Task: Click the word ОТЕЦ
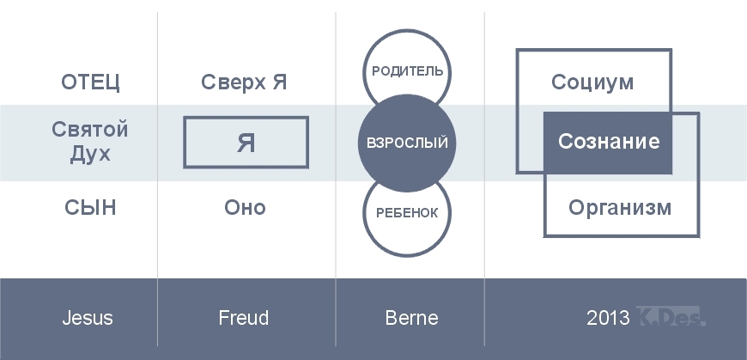coord(90,82)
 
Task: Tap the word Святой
coord(89,130)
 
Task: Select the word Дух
coord(90,154)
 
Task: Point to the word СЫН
coord(90,208)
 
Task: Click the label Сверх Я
coord(244,82)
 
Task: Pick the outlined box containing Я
coord(246,118)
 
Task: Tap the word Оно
coord(245,208)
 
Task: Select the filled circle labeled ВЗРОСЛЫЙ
coord(407,143)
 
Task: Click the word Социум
coord(592,82)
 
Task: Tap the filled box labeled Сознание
coord(608,143)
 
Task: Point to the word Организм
coord(620,208)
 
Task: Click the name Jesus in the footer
coord(88,318)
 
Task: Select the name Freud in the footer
coord(244,318)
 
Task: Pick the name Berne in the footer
coord(411,318)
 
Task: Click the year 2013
coord(608,318)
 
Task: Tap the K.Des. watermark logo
coord(671,316)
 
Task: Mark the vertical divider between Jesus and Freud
coord(157,179)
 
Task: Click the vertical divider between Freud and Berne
coord(336,179)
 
